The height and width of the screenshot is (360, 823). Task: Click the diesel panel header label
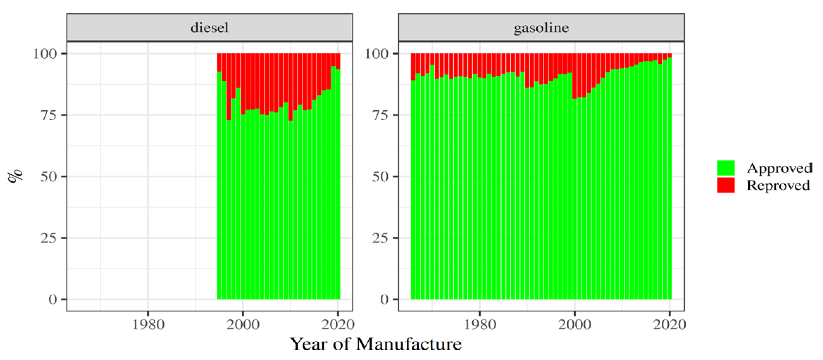pyautogui.click(x=209, y=28)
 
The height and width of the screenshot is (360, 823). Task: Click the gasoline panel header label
pyautogui.click(x=541, y=28)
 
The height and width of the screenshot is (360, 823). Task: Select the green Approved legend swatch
pyautogui.click(x=726, y=168)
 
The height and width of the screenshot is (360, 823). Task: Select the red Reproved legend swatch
pyautogui.click(x=726, y=185)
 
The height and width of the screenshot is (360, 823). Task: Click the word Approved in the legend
pyautogui.click(x=779, y=168)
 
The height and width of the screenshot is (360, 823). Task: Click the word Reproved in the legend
pyautogui.click(x=778, y=185)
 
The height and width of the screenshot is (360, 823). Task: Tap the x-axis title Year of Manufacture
pyautogui.click(x=375, y=344)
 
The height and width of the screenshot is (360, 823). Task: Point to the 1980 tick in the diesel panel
pyautogui.click(x=148, y=324)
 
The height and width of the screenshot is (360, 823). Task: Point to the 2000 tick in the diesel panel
pyautogui.click(x=243, y=324)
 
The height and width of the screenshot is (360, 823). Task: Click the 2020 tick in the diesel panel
pyautogui.click(x=337, y=324)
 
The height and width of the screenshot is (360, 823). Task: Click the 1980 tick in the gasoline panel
pyautogui.click(x=480, y=324)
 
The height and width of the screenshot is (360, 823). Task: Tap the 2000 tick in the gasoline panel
pyautogui.click(x=574, y=324)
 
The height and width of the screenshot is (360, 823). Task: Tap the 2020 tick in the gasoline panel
pyautogui.click(x=669, y=324)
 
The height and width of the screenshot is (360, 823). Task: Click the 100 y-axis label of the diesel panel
pyautogui.click(x=45, y=54)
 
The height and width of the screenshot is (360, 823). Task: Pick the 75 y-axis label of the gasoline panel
pyautogui.click(x=380, y=115)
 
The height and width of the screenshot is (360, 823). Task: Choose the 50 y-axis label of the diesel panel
pyautogui.click(x=49, y=176)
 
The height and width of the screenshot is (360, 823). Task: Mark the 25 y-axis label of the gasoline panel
pyautogui.click(x=380, y=238)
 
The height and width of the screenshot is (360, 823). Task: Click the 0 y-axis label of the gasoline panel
pyautogui.click(x=384, y=299)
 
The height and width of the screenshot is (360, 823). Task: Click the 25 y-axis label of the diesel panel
pyautogui.click(x=49, y=238)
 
